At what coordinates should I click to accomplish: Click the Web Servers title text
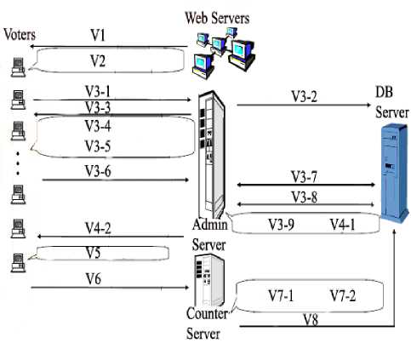pos(217,18)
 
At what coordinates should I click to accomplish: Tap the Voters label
pos(20,35)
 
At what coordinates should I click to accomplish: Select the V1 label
pos(98,36)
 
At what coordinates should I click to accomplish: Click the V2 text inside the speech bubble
pos(98,60)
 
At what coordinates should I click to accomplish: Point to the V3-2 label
pos(304,96)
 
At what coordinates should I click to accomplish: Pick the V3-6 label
pos(98,171)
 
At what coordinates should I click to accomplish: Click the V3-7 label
pos(304,177)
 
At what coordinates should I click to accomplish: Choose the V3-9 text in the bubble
pos(281,225)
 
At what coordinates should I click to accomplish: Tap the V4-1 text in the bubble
pos(342,225)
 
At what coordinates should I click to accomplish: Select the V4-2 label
pos(98,228)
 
